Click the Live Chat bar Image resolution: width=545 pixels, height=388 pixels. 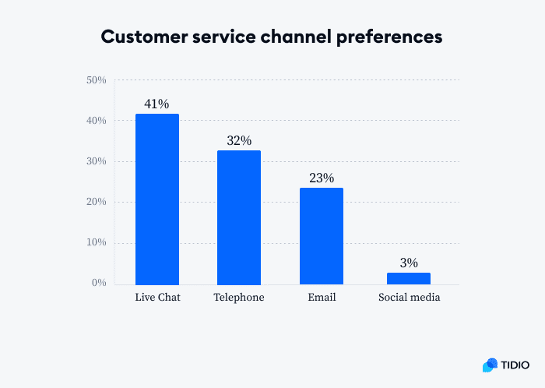(x=157, y=199)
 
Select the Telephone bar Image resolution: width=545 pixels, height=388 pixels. (x=239, y=217)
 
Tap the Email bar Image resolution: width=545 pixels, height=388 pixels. (x=321, y=236)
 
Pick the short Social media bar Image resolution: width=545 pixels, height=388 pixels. (x=409, y=278)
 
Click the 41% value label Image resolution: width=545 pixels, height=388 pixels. (x=156, y=104)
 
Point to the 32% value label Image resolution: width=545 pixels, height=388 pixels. (x=239, y=140)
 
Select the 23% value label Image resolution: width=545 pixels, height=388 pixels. (x=321, y=178)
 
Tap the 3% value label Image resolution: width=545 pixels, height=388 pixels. (x=409, y=263)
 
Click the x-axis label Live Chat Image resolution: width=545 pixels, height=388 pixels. (x=157, y=298)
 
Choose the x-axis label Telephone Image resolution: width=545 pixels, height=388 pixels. (x=239, y=298)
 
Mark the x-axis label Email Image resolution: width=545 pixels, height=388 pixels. (x=321, y=298)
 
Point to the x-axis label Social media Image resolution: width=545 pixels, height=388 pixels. (x=409, y=298)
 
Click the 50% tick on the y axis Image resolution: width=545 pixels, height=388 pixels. (x=97, y=80)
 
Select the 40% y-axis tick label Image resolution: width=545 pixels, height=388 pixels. (x=97, y=121)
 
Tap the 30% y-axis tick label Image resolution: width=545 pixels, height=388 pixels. (x=97, y=161)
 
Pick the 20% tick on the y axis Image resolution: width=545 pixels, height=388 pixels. (x=97, y=202)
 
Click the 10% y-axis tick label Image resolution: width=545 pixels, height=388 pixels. (x=97, y=242)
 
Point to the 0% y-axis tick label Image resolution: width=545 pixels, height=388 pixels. (x=99, y=283)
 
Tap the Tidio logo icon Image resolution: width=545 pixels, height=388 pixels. (x=490, y=365)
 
